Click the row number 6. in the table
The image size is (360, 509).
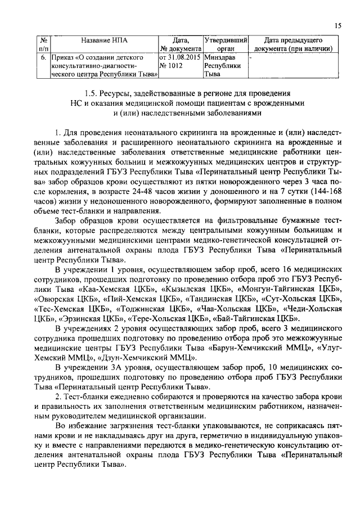click(x=43, y=57)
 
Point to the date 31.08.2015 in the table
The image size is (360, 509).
click(x=183, y=57)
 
